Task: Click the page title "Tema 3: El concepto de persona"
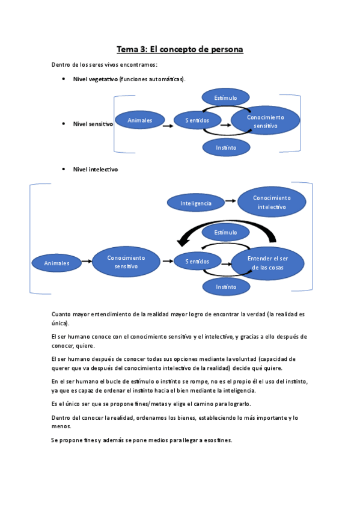[180, 49]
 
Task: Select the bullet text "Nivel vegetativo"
[95, 79]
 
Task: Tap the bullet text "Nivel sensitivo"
[93, 124]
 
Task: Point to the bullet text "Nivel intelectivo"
[95, 170]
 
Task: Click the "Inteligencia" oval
[196, 203]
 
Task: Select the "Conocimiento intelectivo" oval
[272, 202]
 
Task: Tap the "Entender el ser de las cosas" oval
[268, 263]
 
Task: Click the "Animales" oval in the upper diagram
[139, 120]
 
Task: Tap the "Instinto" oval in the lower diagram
[226, 287]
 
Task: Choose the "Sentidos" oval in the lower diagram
[197, 262]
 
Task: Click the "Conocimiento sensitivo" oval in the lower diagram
[126, 262]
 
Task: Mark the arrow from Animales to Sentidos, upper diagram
[168, 124]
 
